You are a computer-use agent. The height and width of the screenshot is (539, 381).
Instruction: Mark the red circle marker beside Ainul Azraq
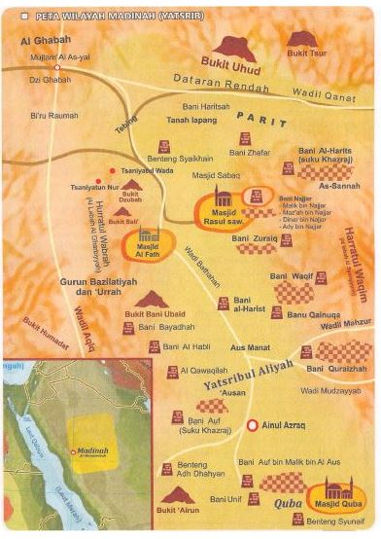tap(253, 425)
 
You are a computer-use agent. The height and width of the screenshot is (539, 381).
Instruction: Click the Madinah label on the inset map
tap(91, 451)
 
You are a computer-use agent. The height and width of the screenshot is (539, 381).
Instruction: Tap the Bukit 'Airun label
tap(178, 510)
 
